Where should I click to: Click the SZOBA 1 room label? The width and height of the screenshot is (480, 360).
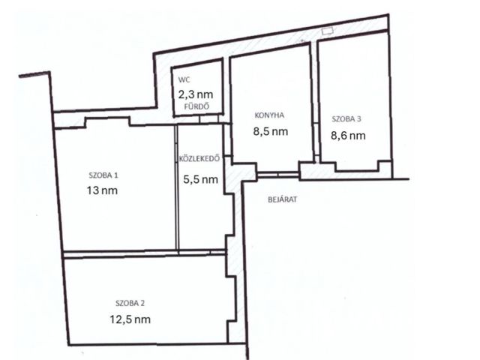103,175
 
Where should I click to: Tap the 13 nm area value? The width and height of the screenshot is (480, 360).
102,190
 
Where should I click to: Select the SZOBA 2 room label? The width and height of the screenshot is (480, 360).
130,303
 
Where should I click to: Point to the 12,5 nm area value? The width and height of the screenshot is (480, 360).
130,319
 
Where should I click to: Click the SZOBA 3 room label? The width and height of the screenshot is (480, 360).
346,119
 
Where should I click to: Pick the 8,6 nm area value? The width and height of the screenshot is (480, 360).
348,135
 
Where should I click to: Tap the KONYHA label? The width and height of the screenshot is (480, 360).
269,115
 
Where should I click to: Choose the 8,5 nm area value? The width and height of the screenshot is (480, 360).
271,131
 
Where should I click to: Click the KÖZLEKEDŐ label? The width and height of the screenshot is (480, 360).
199,158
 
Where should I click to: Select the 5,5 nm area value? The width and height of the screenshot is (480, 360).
200,179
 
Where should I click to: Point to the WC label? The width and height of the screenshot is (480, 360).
184,80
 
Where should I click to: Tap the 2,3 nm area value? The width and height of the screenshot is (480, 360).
196,94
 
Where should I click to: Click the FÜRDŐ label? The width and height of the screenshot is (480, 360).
196,106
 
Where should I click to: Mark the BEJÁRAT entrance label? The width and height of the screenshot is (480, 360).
283,199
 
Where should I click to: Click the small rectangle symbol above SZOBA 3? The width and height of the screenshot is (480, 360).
328,30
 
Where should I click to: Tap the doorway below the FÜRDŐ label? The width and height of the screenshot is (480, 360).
208,119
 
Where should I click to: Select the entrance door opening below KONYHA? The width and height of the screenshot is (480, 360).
277,175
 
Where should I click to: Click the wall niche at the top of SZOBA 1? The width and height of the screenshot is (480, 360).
107,122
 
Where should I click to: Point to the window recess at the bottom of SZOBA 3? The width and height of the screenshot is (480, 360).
357,166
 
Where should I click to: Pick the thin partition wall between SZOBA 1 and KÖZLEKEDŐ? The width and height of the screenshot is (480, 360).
177,187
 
